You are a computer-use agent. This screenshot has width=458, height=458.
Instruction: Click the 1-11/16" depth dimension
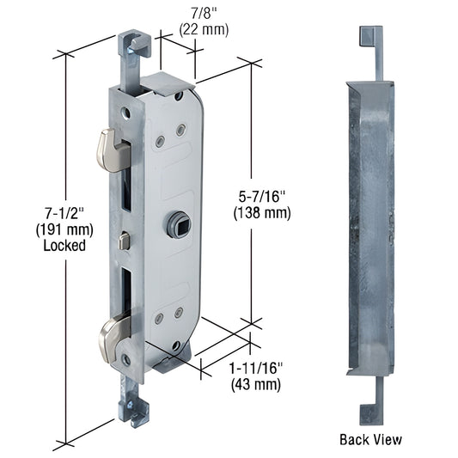[256, 367]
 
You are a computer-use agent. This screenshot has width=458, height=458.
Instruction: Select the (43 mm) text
[256, 384]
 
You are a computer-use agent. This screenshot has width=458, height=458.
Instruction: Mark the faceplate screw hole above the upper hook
[125, 112]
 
